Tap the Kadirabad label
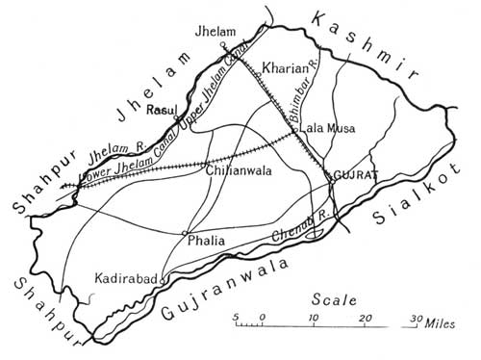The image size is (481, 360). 127,278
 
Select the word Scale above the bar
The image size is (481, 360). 336,299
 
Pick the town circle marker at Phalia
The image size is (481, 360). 185,232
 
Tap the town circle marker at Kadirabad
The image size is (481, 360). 163,280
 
